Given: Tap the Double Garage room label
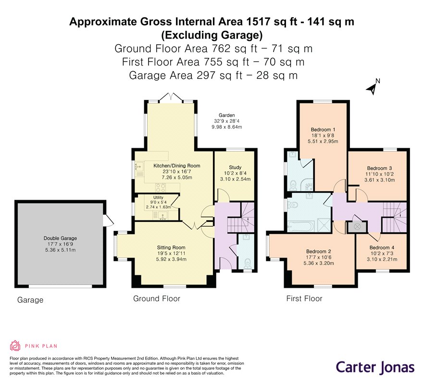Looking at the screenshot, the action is pyautogui.click(x=60, y=238).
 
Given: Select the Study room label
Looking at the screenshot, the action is pyautogui.click(x=235, y=167).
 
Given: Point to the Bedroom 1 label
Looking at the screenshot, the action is pyautogui.click(x=323, y=129).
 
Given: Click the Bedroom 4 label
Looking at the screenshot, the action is pyautogui.click(x=382, y=247).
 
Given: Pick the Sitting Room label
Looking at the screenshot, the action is pyautogui.click(x=171, y=247).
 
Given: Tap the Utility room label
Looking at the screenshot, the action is pyautogui.click(x=159, y=197).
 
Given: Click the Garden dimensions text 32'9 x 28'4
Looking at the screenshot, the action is pyautogui.click(x=226, y=121).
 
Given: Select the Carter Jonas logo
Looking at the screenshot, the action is pyautogui.click(x=375, y=368).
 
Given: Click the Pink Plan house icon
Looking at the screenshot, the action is pyautogui.click(x=15, y=346).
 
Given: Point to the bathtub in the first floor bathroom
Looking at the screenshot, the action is pyautogui.click(x=301, y=226).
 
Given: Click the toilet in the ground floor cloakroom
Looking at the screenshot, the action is pyautogui.click(x=247, y=263).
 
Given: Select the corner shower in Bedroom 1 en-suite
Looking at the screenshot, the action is pyautogui.click(x=309, y=185).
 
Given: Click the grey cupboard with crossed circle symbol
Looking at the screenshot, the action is pyautogui.click(x=357, y=227).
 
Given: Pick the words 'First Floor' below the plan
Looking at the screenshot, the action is pyautogui.click(x=304, y=299).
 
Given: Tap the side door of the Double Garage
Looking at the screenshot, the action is pyautogui.click(x=109, y=220).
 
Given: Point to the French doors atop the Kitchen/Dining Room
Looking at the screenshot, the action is pyautogui.click(x=171, y=97).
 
